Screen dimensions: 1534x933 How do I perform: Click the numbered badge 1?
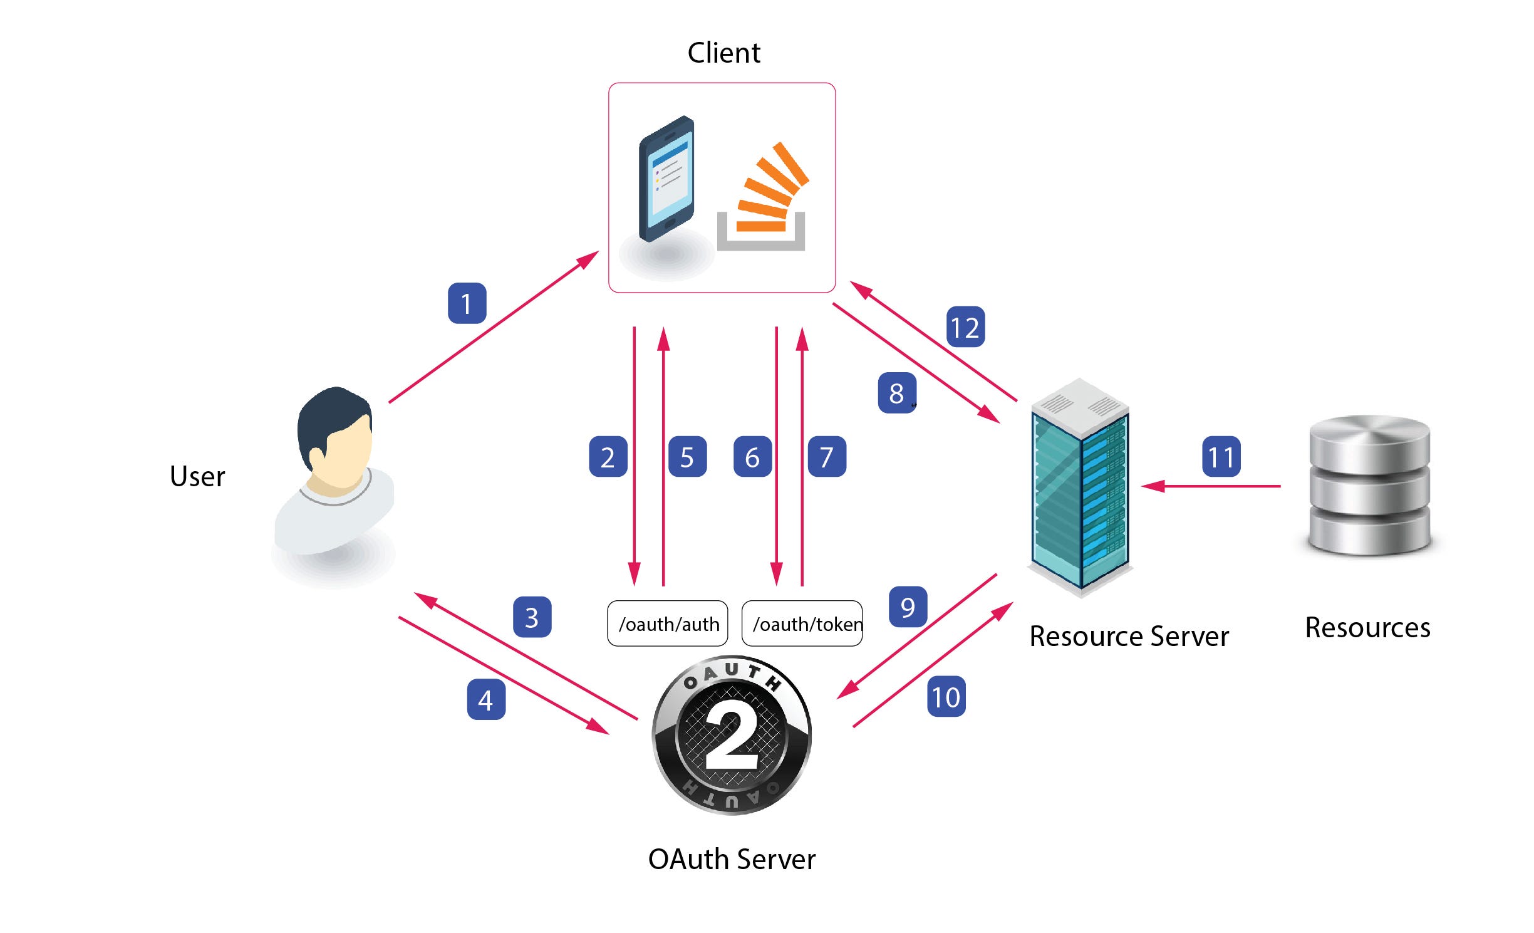pyautogui.click(x=467, y=303)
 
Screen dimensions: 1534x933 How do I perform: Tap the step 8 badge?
pyautogui.click(x=897, y=393)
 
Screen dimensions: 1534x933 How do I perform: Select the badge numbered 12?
pyautogui.click(x=965, y=326)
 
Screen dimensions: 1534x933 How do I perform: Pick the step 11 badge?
pyautogui.click(x=1221, y=456)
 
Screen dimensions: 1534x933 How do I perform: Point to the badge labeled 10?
pyautogui.click(x=946, y=696)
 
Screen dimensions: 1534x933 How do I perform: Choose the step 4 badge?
pyautogui.click(x=486, y=699)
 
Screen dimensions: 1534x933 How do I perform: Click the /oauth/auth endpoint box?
pyautogui.click(x=668, y=623)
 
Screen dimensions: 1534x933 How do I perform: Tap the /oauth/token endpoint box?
pyautogui.click(x=802, y=623)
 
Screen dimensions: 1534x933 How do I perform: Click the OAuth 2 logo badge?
pyautogui.click(x=732, y=734)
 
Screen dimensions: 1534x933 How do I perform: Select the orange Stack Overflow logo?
pyautogui.click(x=763, y=197)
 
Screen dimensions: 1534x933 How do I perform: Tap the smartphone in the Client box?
pyautogui.click(x=666, y=179)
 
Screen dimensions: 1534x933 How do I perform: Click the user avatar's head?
pyautogui.click(x=335, y=430)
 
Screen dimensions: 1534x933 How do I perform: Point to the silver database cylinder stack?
pyautogui.click(x=1369, y=485)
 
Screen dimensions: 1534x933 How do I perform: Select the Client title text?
pyautogui.click(x=724, y=53)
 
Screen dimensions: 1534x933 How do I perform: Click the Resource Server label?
pyautogui.click(x=1129, y=636)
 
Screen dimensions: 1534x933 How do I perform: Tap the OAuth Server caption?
pyautogui.click(x=732, y=859)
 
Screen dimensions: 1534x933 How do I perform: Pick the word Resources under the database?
pyautogui.click(x=1368, y=627)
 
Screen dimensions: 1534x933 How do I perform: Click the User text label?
pyautogui.click(x=197, y=476)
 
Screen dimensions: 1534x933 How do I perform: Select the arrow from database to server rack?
pyautogui.click(x=1211, y=486)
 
